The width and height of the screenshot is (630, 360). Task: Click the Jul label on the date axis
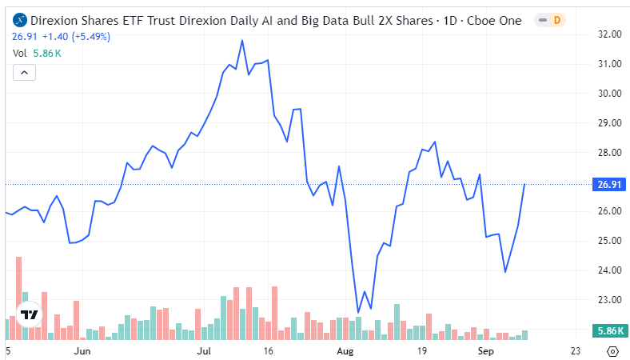coord(205,350)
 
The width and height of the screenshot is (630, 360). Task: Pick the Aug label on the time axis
coord(345,350)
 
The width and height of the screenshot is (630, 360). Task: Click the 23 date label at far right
coord(574,350)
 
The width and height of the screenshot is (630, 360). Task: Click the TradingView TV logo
coord(30,314)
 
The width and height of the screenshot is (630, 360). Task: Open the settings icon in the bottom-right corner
coord(612,350)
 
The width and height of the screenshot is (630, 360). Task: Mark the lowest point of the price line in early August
coord(357,312)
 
